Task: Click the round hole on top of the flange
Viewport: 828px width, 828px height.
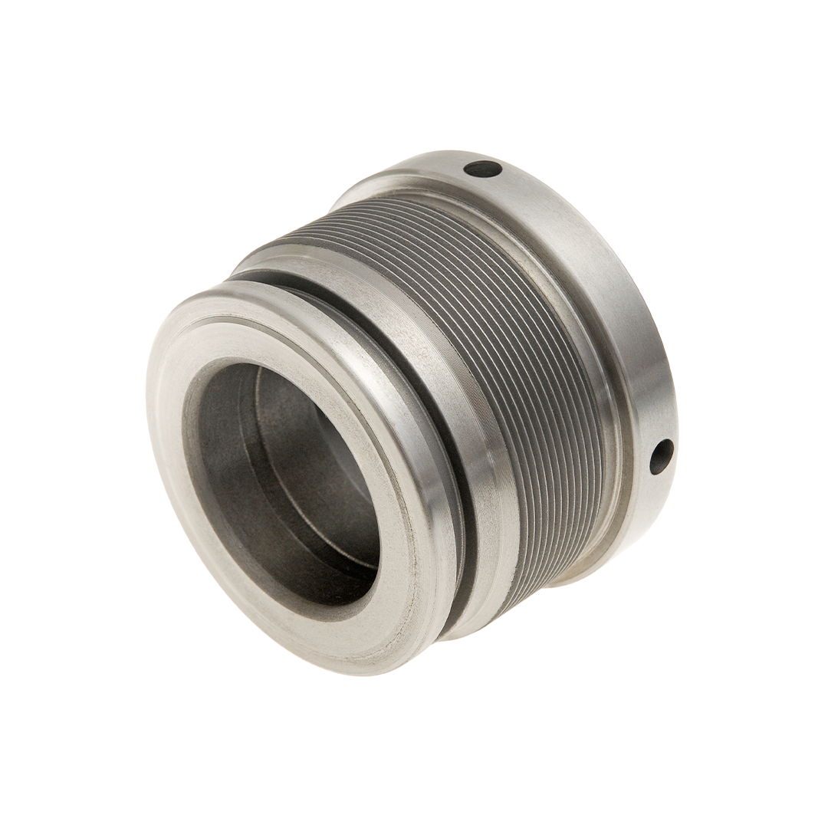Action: point(483,168)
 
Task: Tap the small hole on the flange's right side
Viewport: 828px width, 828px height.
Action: point(661,455)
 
